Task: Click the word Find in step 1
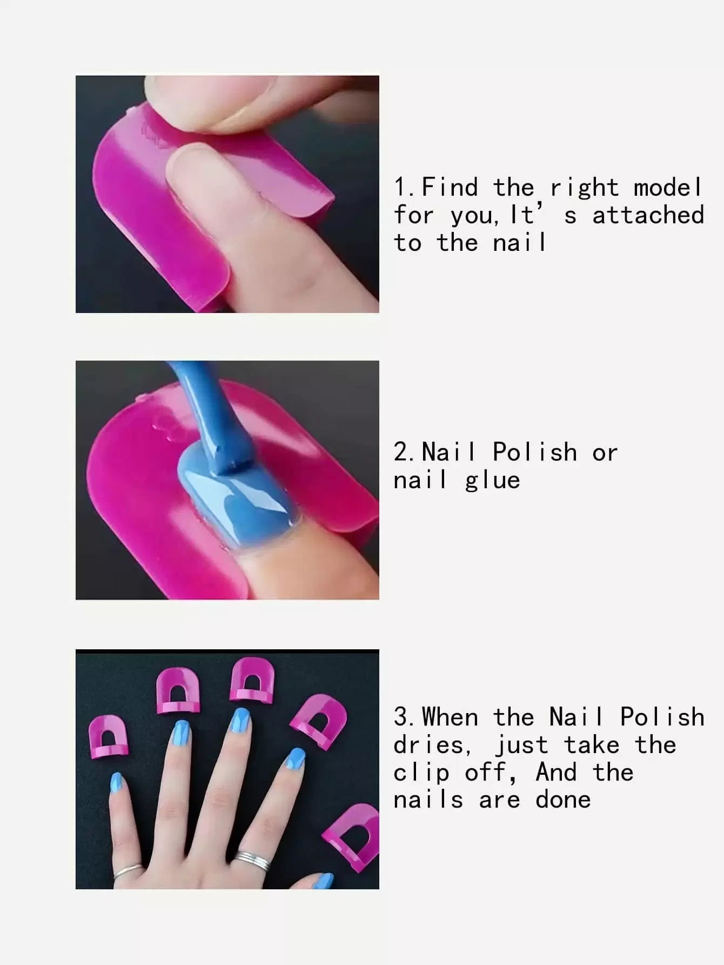coord(450,188)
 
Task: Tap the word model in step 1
coord(668,188)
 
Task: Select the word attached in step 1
coord(648,215)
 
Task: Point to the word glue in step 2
coord(492,481)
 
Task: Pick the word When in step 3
coord(450,717)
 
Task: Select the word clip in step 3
coord(421,773)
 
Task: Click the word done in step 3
coord(563,800)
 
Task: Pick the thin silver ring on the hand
coord(129,871)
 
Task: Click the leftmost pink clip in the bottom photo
coord(109,736)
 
